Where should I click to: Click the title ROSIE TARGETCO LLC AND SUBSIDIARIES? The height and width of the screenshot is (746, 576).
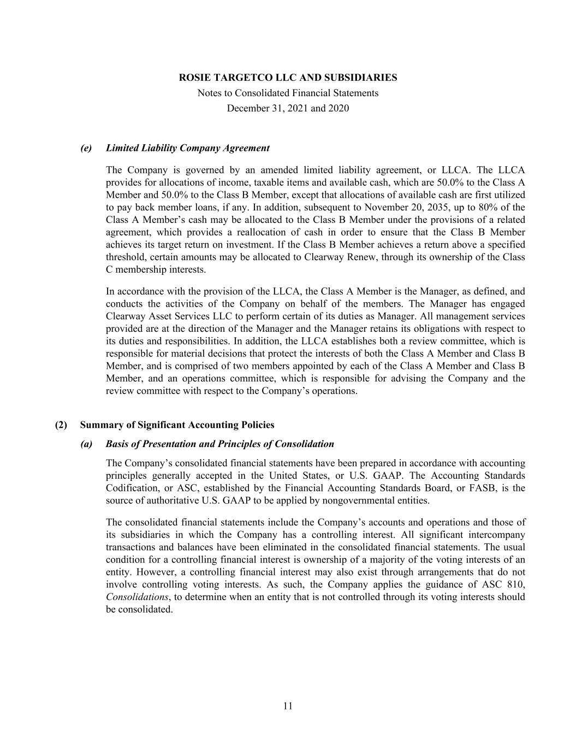(x=288, y=78)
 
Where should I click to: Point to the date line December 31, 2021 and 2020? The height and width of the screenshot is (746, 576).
(x=288, y=108)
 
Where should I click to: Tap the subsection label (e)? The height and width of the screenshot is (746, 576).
(x=86, y=148)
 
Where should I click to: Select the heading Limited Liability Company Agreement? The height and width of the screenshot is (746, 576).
(x=188, y=148)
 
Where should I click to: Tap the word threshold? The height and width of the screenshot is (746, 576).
(x=125, y=257)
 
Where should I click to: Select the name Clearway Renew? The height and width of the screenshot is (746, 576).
(x=342, y=257)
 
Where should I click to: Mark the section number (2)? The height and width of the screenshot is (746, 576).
(x=61, y=425)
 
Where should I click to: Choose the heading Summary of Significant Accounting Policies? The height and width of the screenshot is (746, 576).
(x=177, y=425)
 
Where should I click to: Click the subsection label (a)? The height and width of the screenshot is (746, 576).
(x=86, y=444)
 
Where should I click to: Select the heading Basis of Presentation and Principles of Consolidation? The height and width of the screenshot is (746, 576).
(x=220, y=444)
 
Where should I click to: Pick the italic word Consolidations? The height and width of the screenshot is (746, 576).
(x=136, y=597)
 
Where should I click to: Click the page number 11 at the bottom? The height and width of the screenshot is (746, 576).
(x=288, y=706)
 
